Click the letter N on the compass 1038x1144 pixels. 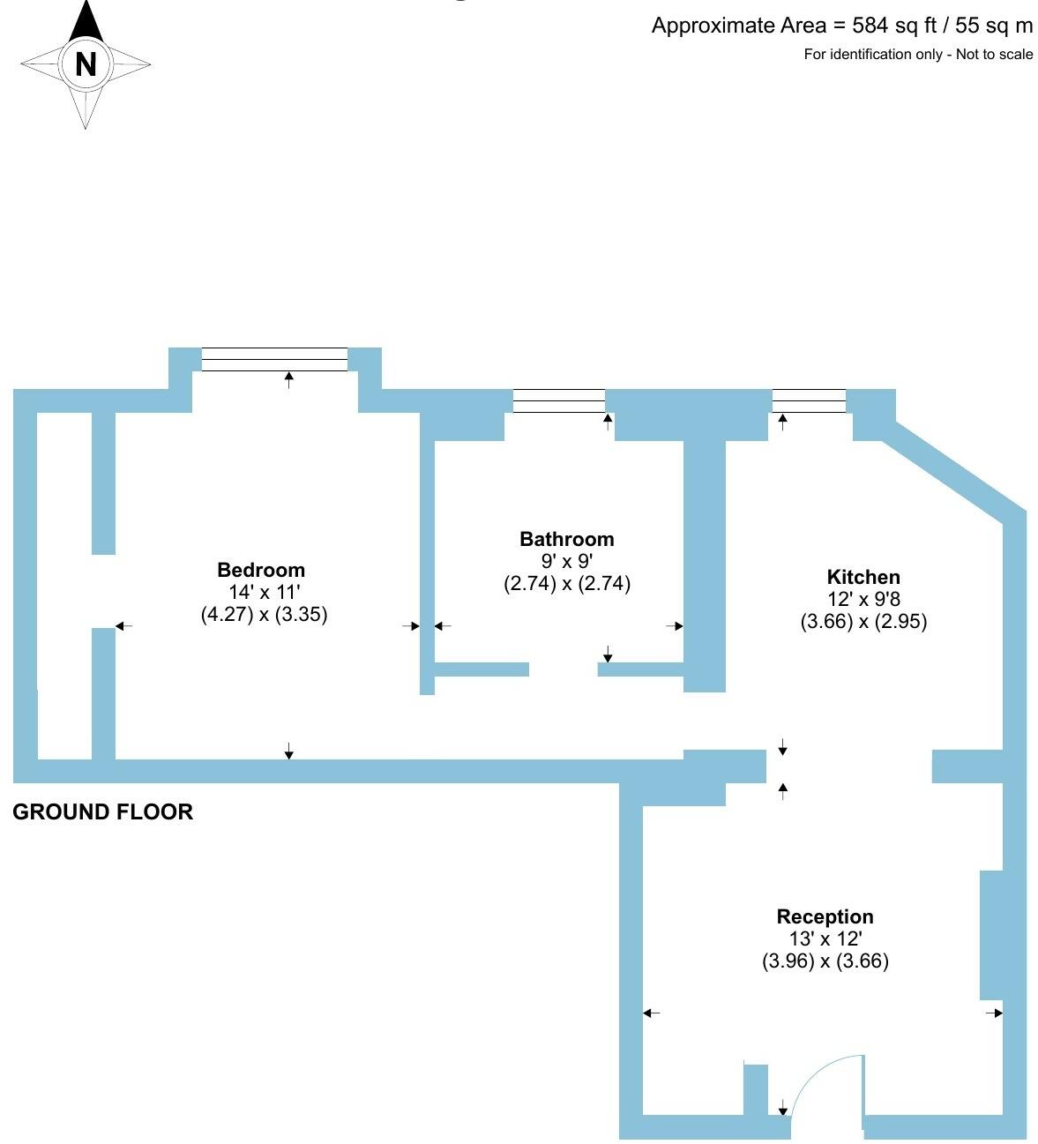[86, 64]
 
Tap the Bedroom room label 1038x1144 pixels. [261, 570]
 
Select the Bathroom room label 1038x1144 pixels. [566, 539]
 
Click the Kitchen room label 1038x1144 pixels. [863, 577]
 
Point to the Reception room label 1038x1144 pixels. [825, 916]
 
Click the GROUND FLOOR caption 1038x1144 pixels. [102, 811]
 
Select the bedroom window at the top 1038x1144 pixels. [274, 359]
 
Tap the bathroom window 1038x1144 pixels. [559, 400]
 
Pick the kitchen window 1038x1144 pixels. [809, 400]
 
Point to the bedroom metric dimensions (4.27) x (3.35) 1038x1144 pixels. [264, 614]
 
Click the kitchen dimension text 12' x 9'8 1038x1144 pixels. [863, 599]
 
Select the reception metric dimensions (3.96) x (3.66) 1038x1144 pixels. [825, 961]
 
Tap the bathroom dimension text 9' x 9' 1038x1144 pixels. [566, 561]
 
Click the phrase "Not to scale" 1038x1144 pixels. [994, 55]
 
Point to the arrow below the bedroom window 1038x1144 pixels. [289, 380]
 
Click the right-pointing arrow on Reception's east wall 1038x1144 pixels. [994, 1013]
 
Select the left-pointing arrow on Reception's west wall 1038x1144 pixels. [652, 1013]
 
